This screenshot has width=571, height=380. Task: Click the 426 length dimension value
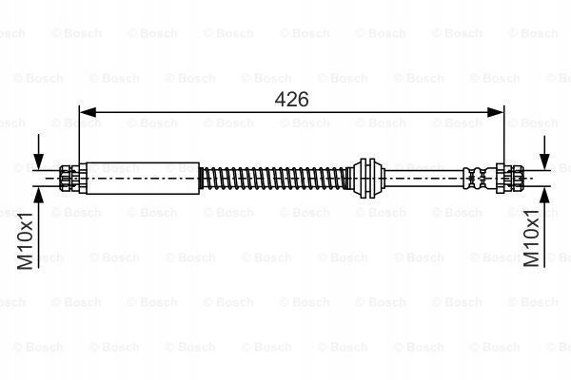click(x=291, y=99)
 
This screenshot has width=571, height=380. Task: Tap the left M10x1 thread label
click(x=25, y=240)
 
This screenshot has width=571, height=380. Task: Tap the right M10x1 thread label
click(x=531, y=238)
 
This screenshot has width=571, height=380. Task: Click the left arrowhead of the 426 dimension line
click(x=88, y=112)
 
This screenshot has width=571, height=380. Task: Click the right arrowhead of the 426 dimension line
click(x=495, y=112)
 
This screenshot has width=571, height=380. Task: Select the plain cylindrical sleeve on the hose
click(x=143, y=179)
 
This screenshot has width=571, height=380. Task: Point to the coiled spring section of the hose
click(x=274, y=179)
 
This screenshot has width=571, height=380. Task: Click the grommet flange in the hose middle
click(x=366, y=179)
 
